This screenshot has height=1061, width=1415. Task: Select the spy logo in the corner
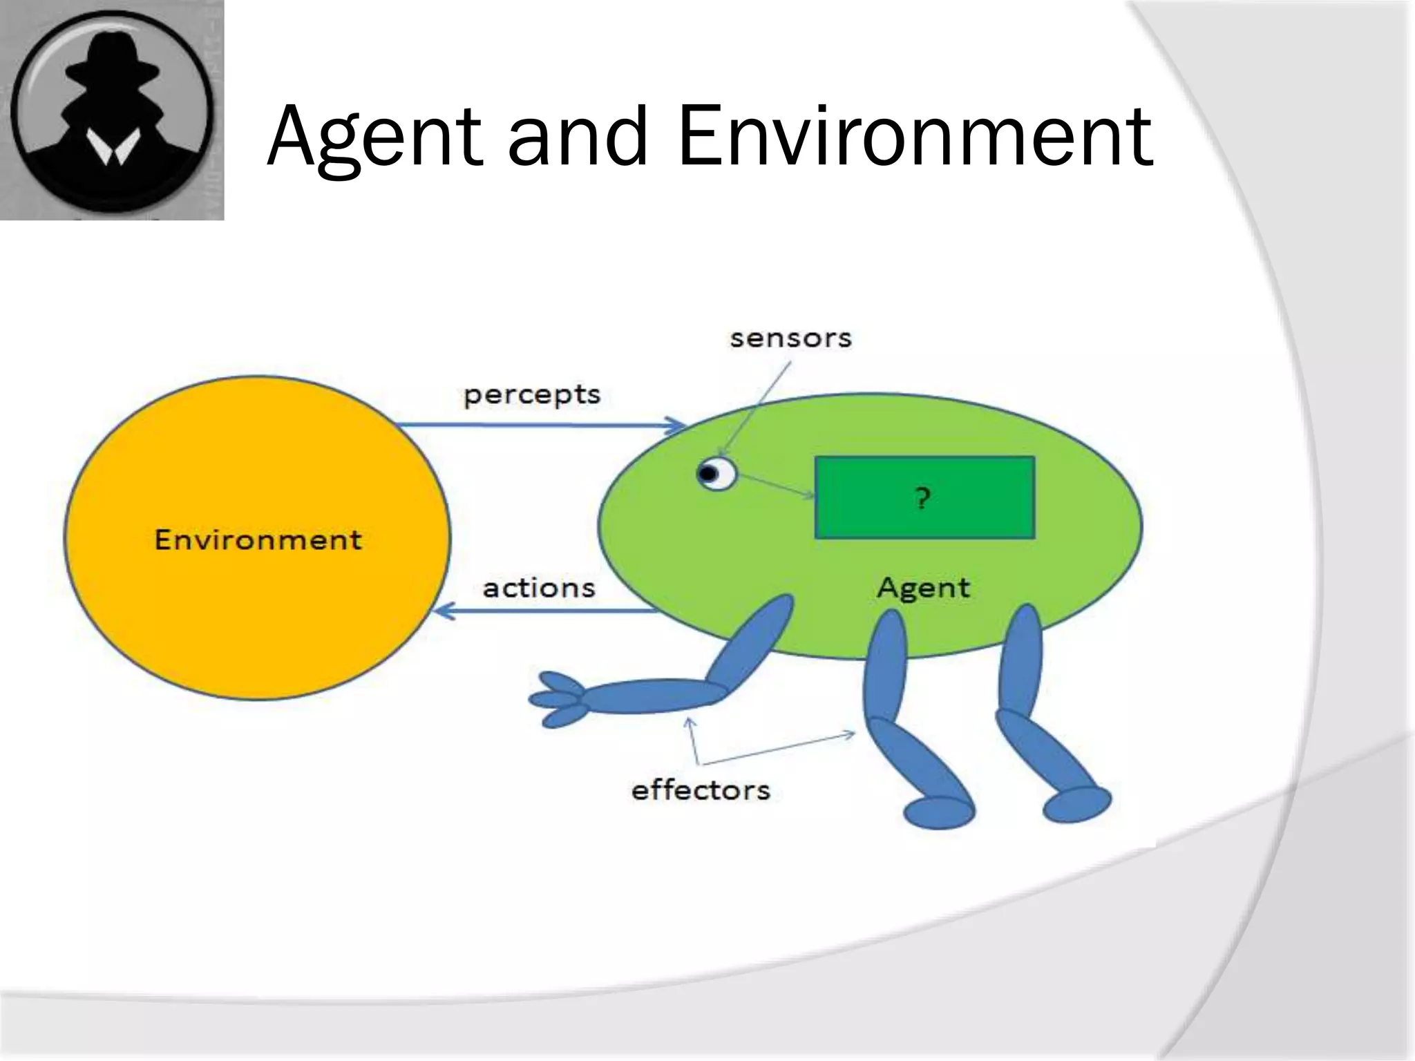pos(112,111)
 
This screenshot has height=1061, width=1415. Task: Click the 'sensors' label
pos(790,338)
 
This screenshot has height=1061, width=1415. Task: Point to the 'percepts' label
pos(531,395)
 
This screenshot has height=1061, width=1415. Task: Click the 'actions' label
pos(538,589)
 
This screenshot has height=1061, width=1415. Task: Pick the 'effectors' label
pos(700,790)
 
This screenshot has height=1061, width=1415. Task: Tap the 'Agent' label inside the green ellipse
pos(923,588)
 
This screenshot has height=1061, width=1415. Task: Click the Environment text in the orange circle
pos(258,539)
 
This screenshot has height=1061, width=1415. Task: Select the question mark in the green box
pos(922,498)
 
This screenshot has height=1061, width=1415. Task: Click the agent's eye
pos(715,474)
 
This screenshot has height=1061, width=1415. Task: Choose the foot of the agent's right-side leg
pos(1076,804)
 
